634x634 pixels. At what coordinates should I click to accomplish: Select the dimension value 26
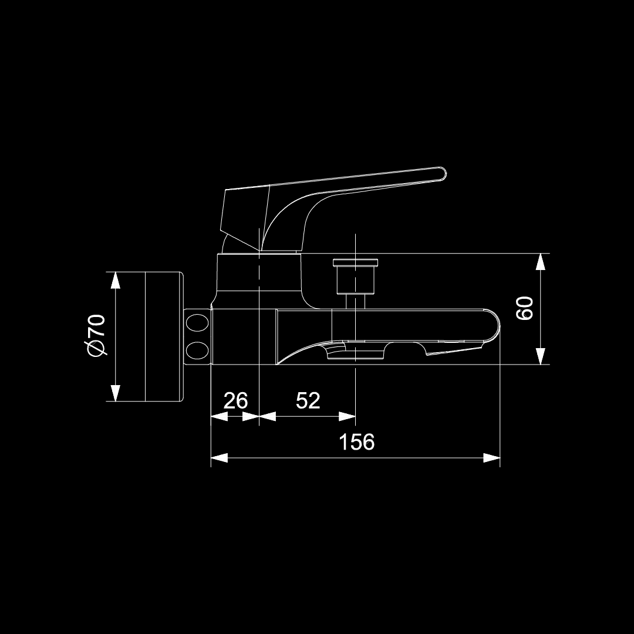[x=235, y=400]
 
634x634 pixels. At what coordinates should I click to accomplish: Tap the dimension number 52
[x=308, y=400]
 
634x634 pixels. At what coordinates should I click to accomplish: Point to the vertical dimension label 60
[x=525, y=308]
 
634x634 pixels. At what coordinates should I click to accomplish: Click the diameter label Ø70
[x=97, y=335]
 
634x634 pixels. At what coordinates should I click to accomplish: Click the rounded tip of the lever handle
[x=443, y=173]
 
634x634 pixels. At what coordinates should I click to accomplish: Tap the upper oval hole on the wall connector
[x=197, y=323]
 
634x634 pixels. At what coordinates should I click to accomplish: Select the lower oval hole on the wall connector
[x=197, y=350]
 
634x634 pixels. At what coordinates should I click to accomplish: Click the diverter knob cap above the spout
[x=356, y=263]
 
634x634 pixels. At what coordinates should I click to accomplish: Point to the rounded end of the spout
[x=494, y=327]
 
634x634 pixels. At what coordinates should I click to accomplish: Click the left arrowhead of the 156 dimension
[x=219, y=458]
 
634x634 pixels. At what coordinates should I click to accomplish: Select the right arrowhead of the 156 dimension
[x=492, y=458]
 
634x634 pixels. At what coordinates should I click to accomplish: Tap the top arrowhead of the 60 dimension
[x=540, y=262]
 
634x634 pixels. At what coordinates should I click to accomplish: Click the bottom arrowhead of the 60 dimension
[x=540, y=356]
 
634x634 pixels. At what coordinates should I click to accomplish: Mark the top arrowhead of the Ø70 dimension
[x=116, y=280]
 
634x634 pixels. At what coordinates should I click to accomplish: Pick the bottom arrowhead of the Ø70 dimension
[x=116, y=393]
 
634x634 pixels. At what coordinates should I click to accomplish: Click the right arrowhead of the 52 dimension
[x=347, y=416]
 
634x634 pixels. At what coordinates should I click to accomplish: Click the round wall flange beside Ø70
[x=164, y=336]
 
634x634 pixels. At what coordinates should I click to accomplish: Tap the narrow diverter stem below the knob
[x=356, y=302]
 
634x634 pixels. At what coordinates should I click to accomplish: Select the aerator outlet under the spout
[x=355, y=349]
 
